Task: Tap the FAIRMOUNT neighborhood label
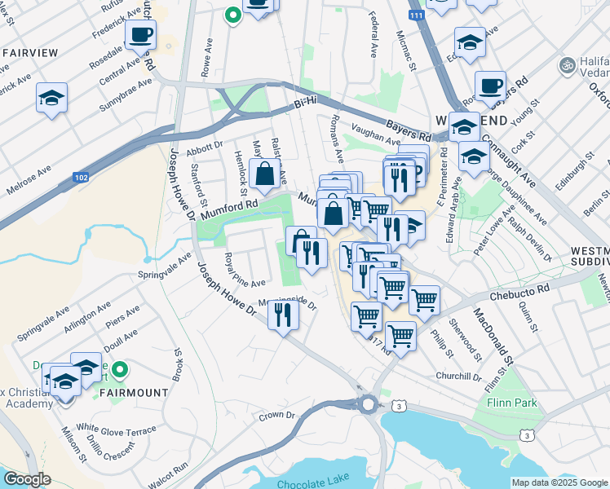[134, 392]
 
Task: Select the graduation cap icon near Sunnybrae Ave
[51, 99]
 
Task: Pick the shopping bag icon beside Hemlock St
[265, 173]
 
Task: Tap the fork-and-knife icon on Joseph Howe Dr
[283, 314]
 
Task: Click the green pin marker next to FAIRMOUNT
[120, 371]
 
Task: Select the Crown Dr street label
[276, 415]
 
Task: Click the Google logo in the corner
[27, 479]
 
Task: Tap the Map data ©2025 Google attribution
[559, 482]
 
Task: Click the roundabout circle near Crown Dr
[368, 403]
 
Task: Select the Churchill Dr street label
[458, 377]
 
